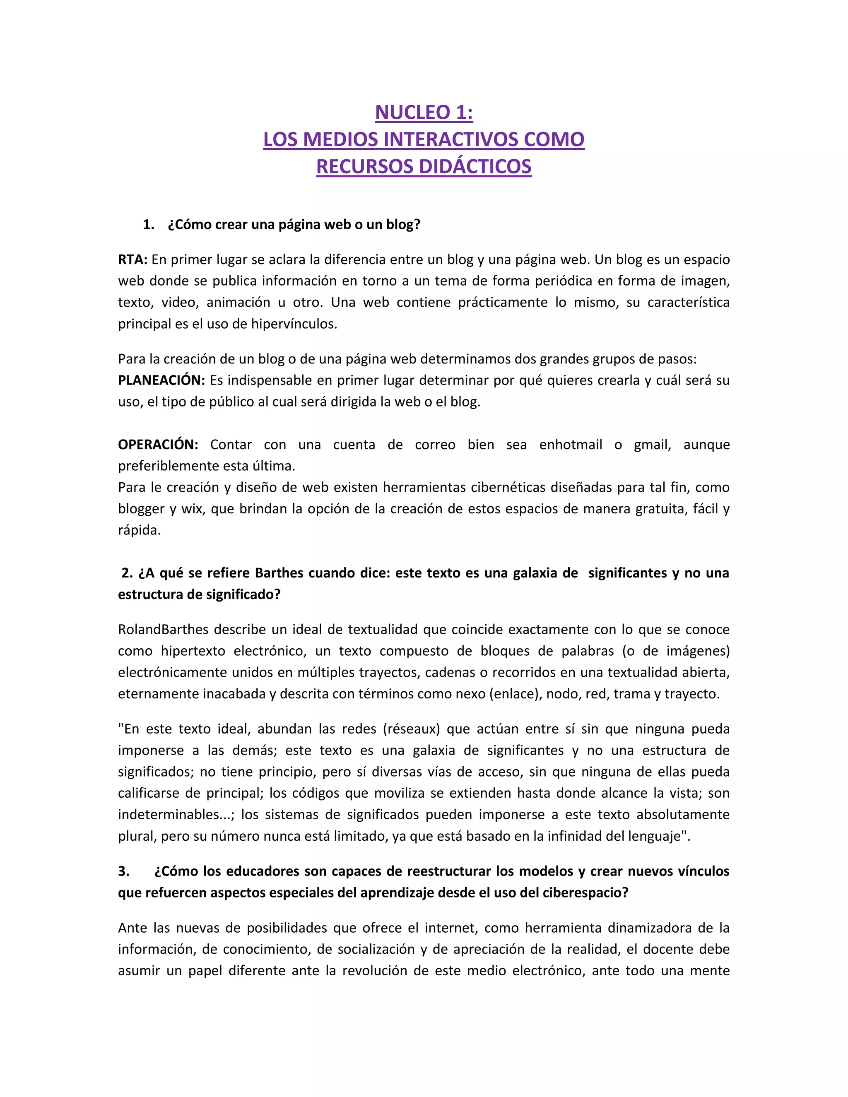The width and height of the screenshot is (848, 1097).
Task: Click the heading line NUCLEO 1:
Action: tap(424, 112)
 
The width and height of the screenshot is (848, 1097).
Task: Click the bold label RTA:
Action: tap(132, 260)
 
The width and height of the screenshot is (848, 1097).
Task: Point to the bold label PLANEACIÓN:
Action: tap(161, 380)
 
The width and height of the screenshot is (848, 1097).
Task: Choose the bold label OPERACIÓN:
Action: tap(158, 445)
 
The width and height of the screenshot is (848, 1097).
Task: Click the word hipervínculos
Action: tap(294, 324)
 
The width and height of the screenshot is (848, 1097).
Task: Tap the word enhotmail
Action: tap(570, 445)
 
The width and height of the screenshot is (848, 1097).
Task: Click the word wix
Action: tap(192, 509)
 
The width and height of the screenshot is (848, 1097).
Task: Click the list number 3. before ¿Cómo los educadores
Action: tap(123, 871)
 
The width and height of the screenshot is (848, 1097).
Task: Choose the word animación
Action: tap(238, 302)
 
